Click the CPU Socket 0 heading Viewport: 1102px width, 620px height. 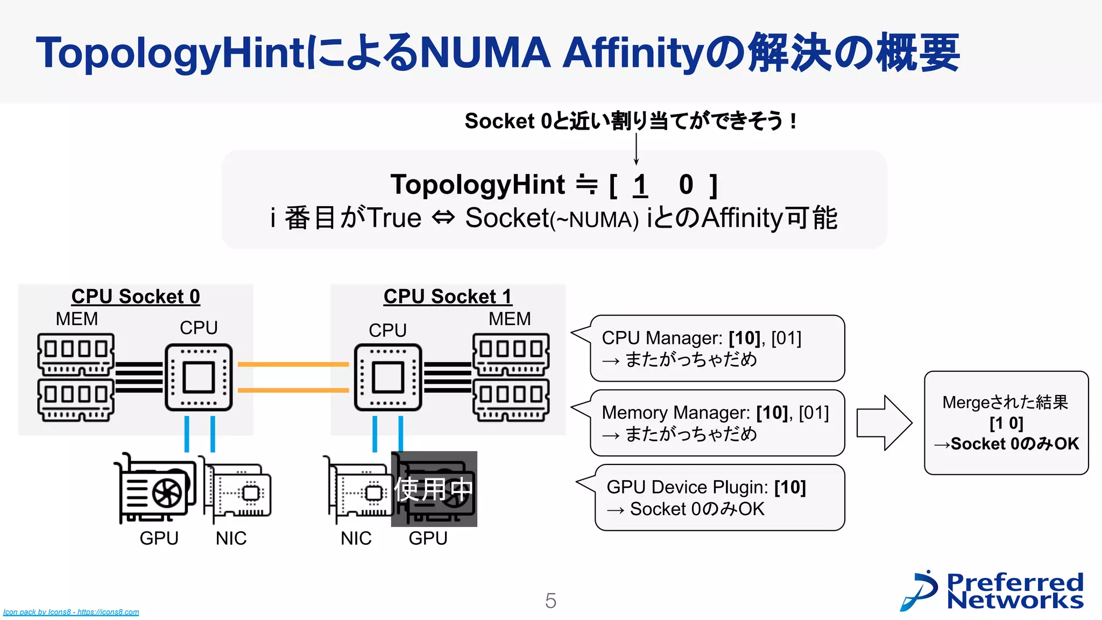click(x=136, y=297)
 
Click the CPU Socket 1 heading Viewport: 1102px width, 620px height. click(x=448, y=297)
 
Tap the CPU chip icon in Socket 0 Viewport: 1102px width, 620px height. click(x=199, y=377)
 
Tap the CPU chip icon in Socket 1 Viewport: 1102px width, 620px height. click(x=388, y=377)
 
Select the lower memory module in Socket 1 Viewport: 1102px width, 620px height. click(x=511, y=399)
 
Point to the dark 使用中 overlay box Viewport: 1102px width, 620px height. click(x=434, y=489)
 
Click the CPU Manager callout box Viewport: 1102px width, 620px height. click(x=717, y=348)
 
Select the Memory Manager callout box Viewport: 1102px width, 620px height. click(x=717, y=423)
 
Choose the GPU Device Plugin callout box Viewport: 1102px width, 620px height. click(x=719, y=498)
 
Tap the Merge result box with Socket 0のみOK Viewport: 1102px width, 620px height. click(x=1006, y=423)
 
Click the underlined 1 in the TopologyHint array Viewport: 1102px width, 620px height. click(x=640, y=185)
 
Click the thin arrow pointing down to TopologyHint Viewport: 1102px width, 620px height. click(x=636, y=149)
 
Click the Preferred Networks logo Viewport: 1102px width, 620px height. click(x=993, y=591)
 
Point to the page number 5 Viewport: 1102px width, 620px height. click(x=550, y=601)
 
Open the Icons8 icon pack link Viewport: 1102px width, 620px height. click(x=71, y=612)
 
